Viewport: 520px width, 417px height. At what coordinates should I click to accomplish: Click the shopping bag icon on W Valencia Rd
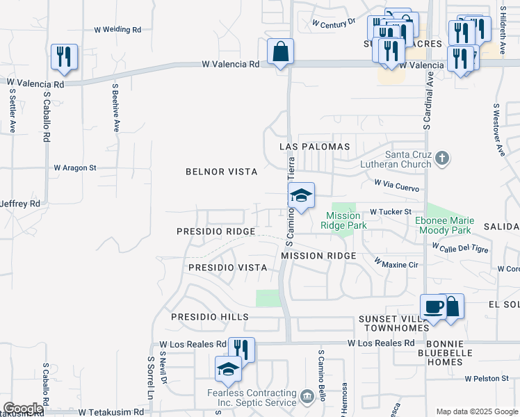point(280,52)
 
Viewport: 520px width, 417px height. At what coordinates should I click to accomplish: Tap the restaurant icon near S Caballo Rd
point(64,57)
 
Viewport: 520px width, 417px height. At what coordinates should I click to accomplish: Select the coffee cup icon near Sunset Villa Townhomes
point(434,307)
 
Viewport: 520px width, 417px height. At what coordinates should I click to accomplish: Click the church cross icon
point(442,159)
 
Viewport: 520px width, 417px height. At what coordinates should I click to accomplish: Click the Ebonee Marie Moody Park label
point(444,225)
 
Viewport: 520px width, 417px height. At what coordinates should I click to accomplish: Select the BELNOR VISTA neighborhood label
point(222,172)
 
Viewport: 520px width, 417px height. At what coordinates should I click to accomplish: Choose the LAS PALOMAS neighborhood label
point(314,147)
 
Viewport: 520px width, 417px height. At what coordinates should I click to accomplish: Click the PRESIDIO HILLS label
point(210,317)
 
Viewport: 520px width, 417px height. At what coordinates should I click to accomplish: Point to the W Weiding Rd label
point(117,30)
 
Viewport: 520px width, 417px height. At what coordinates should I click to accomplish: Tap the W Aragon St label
point(75,167)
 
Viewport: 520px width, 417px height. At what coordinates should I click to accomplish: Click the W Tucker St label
point(391,211)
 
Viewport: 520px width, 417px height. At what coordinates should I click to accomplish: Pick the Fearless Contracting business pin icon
point(307,397)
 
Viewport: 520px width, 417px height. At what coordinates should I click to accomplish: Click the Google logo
point(23,409)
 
